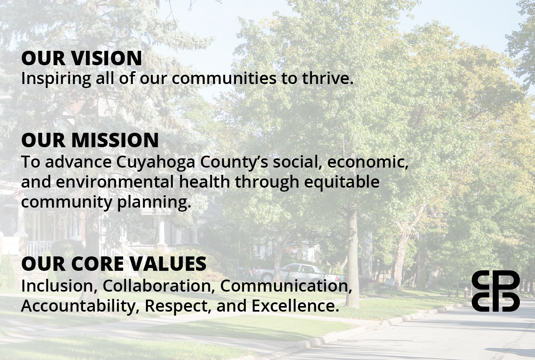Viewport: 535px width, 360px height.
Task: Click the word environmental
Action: click(x=115, y=182)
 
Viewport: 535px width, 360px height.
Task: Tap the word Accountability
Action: click(x=80, y=306)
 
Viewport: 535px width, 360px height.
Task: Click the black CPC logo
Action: click(x=495, y=291)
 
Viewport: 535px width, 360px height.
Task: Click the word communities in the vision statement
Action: click(x=224, y=78)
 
